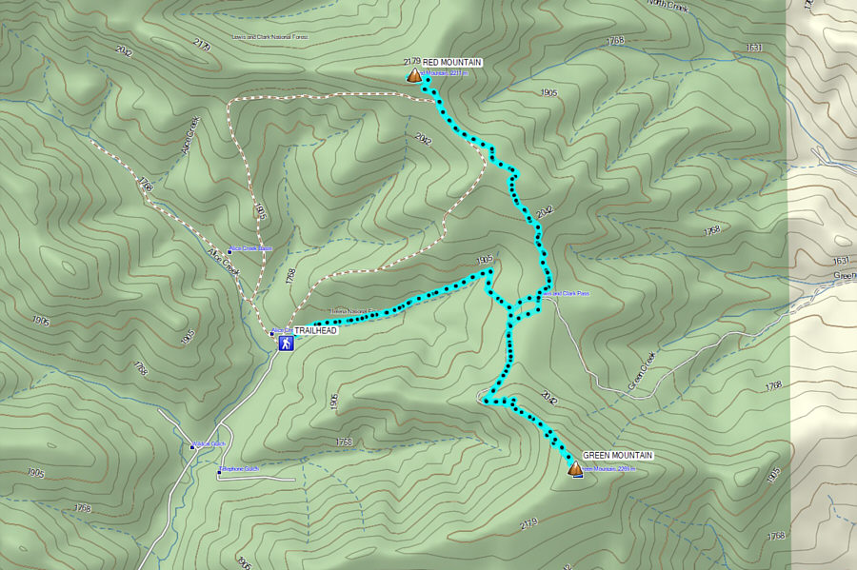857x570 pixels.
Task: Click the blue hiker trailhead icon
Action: [285, 344]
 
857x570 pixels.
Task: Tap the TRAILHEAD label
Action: [316, 331]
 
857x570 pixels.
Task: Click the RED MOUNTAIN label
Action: [452, 62]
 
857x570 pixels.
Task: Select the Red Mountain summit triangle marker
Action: [414, 75]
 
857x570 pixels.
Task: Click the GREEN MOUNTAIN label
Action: [617, 456]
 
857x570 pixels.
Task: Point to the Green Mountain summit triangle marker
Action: [575, 468]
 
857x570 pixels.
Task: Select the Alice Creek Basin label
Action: [252, 248]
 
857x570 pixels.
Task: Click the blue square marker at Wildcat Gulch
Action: [190, 444]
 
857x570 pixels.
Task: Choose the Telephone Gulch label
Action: [240, 469]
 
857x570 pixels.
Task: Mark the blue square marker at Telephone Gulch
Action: [220, 470]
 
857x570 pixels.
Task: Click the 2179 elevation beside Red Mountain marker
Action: [411, 62]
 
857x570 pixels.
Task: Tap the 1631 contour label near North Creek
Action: [755, 48]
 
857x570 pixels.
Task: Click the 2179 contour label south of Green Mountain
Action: [529, 522]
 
